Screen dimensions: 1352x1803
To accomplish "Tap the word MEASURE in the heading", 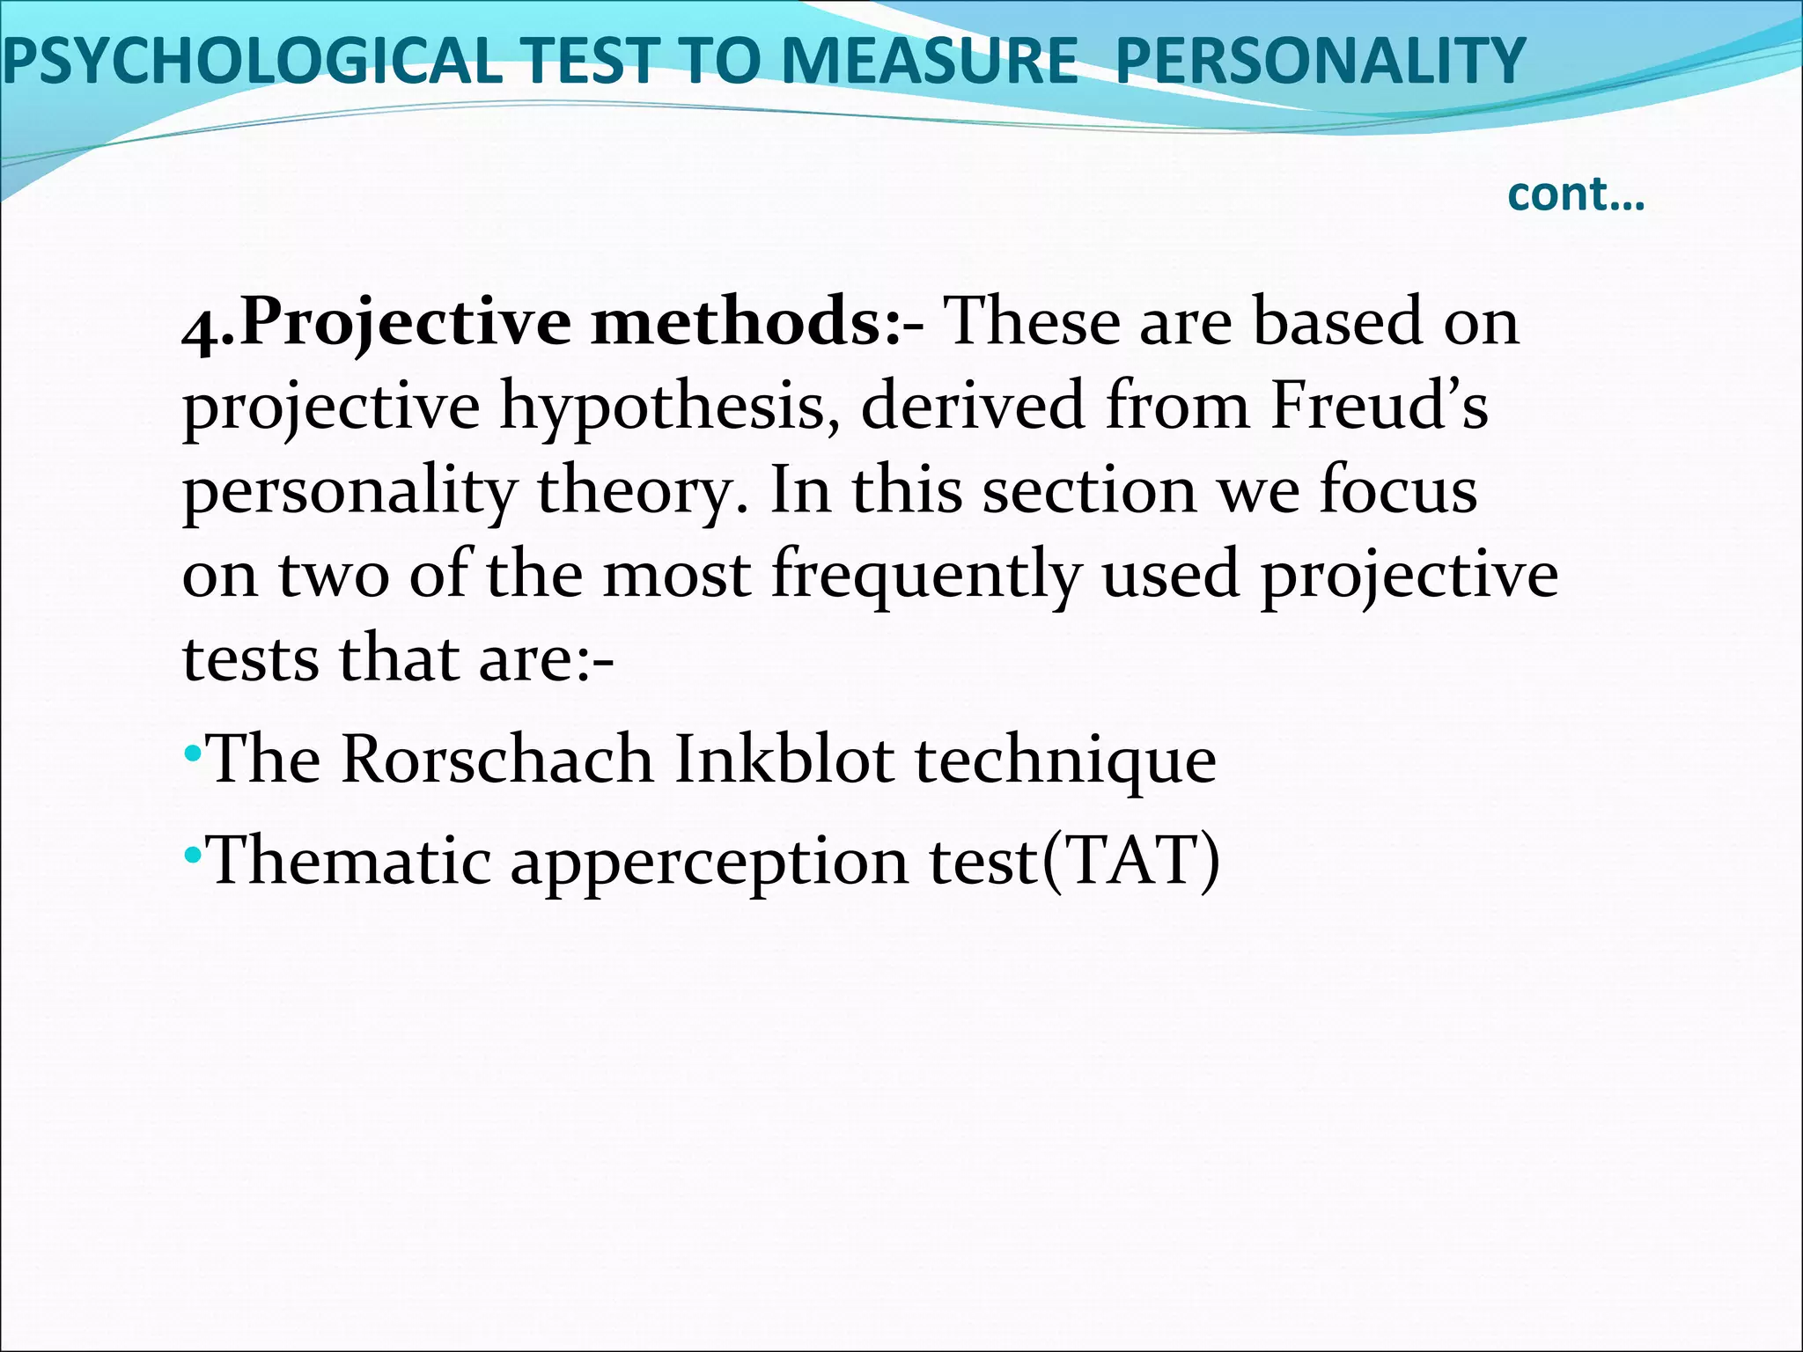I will point(929,62).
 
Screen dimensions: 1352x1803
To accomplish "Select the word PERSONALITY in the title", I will point(1320,62).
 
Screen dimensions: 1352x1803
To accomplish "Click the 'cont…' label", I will point(1576,195).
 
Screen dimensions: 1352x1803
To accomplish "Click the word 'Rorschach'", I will point(497,760).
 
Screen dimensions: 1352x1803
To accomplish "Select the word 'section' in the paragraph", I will point(1089,491).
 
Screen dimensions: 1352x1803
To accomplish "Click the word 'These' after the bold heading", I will point(1031,322).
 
